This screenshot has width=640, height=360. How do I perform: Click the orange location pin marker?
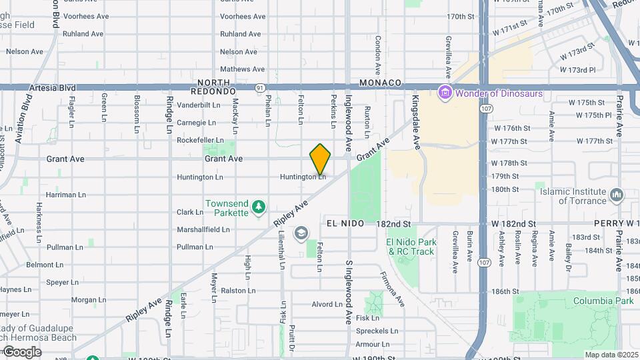[x=320, y=159]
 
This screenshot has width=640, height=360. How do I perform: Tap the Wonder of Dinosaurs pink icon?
[x=445, y=93]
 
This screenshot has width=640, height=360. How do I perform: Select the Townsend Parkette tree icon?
[x=259, y=209]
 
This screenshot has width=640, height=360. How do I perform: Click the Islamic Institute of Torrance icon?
[x=616, y=195]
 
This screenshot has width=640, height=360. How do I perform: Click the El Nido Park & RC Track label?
[x=411, y=247]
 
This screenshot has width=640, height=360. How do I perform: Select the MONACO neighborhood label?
[x=380, y=83]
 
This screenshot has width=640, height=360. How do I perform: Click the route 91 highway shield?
[x=259, y=87]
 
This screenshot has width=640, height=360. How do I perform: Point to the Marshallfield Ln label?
[x=203, y=229]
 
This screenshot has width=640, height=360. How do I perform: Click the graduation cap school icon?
[x=301, y=233]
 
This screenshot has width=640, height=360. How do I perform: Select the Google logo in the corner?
[x=21, y=351]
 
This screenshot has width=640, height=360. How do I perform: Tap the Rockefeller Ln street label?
[x=200, y=140]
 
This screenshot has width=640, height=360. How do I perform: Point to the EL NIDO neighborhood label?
[x=345, y=224]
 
